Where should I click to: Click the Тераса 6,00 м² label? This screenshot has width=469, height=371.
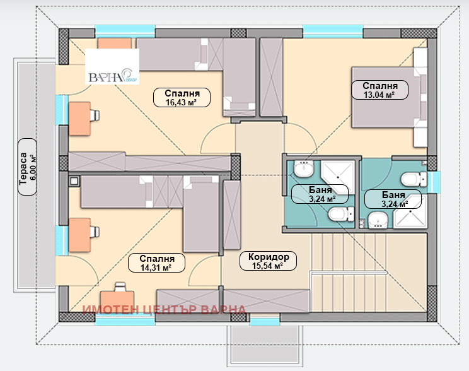pos(28,167)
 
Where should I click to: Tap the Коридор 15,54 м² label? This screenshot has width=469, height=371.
pos(269,261)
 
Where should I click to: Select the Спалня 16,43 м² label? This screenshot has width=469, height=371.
pos(182,97)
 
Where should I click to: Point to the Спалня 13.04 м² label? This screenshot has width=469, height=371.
pos(379,90)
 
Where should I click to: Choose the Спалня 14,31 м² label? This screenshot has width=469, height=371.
pos(156,262)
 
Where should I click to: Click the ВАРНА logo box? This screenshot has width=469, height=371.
pos(112,66)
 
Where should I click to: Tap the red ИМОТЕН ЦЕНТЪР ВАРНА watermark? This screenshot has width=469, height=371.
pos(164,310)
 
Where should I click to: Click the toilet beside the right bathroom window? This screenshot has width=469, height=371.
pos(414,179)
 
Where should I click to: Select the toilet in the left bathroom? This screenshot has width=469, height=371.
pos(341,214)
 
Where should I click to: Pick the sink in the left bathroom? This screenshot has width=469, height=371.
pos(303,168)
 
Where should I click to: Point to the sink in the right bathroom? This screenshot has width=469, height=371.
pos(378,220)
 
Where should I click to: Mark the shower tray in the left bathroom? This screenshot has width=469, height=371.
pos(338,177)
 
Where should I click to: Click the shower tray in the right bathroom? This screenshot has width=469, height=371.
pos(410,211)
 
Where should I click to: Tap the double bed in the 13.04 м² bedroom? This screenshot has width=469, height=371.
pos(389,97)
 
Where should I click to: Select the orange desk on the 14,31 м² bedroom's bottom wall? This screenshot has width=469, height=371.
pos(117,302)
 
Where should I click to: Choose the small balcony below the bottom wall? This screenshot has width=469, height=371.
pos(265,346)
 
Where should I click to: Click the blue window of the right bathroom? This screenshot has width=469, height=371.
pos(434,182)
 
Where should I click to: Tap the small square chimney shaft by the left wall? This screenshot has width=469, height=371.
pos(74,181)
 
